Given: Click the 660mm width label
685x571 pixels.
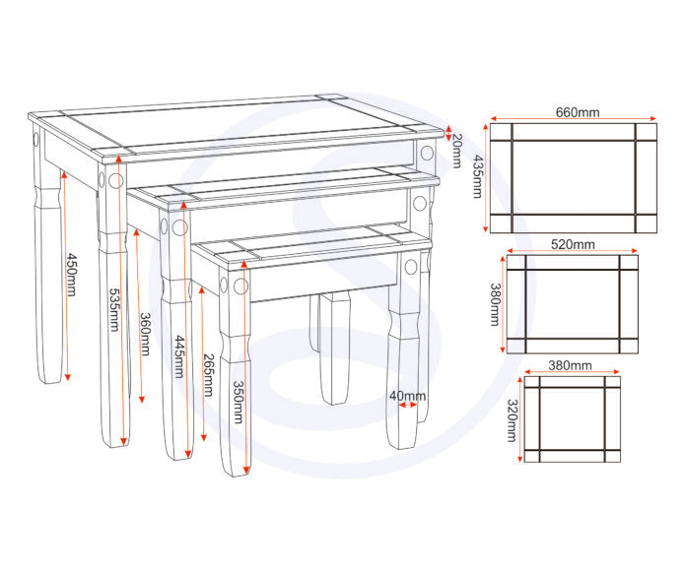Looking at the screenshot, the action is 578,112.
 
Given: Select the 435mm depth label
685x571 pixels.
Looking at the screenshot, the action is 477,176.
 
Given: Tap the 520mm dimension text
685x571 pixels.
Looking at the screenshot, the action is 573,244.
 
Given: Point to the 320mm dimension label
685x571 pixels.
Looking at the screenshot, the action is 512,420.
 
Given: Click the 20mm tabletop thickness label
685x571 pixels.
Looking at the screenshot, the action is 456,151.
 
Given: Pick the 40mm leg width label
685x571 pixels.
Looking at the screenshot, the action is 407,396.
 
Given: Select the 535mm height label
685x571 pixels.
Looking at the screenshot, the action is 114,310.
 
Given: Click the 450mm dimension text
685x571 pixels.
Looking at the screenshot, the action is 71,276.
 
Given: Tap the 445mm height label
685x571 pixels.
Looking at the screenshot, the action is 180,356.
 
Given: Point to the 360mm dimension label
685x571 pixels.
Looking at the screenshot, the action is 145,335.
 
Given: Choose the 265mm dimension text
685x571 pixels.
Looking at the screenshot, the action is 208,375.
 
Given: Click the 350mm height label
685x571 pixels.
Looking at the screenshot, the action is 238,403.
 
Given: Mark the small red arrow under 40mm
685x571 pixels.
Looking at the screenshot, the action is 408,406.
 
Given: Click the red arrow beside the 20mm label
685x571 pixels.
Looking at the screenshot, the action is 447,133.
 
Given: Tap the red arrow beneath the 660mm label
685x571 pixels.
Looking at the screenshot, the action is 574,118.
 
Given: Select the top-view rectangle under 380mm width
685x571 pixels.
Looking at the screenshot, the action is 573,419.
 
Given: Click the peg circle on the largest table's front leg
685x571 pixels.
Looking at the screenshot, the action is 115,180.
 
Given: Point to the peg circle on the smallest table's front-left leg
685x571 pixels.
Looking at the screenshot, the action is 240,286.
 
